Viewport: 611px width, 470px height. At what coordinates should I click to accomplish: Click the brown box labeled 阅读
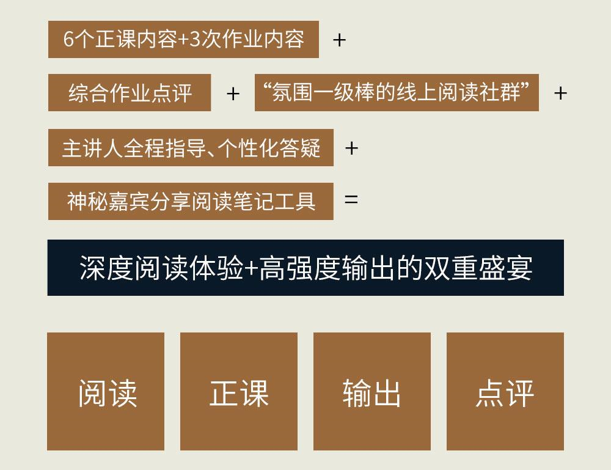106,392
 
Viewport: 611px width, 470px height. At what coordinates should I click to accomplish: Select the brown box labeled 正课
239,392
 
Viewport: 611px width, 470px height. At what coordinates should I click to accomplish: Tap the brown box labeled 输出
372,392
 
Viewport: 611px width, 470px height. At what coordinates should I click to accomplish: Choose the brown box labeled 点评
505,392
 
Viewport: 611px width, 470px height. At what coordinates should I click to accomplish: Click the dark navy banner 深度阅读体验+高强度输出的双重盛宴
305,268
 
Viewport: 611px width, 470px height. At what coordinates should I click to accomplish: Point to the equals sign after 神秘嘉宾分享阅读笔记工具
351,200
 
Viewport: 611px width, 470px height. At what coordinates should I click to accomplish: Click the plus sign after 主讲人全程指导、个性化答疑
351,148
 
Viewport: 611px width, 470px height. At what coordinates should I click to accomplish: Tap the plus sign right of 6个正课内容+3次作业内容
339,40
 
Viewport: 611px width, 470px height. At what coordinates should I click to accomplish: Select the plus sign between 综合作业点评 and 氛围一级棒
233,94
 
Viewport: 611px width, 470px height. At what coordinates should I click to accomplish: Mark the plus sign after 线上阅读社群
560,94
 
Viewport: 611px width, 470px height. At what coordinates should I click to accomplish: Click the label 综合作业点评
130,94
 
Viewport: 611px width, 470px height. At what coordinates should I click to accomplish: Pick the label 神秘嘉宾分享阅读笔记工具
191,201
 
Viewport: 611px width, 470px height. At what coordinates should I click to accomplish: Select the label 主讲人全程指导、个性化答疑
191,148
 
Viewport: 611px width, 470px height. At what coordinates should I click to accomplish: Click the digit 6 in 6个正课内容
68,40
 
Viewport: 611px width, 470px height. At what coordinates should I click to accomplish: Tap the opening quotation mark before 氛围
265,89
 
